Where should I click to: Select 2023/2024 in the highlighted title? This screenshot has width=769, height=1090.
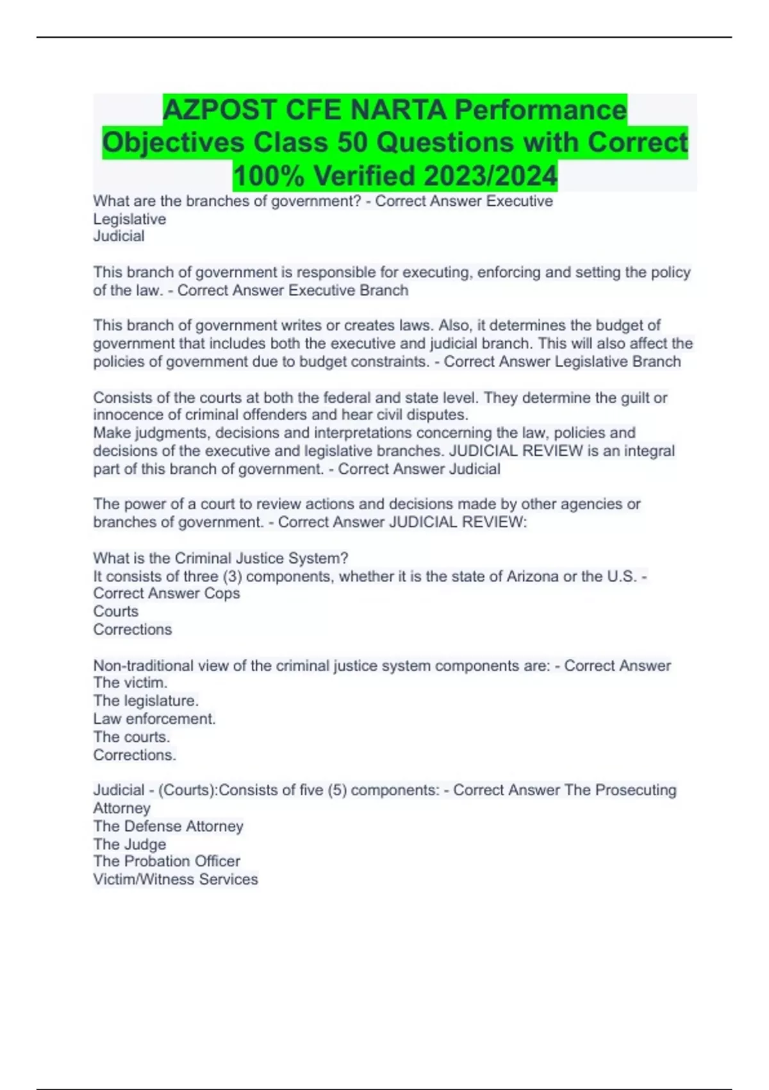click(x=490, y=175)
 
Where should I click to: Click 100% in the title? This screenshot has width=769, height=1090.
click(x=269, y=175)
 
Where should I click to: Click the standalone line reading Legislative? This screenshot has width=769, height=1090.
click(x=129, y=219)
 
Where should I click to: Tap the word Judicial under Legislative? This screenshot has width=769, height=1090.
click(x=119, y=237)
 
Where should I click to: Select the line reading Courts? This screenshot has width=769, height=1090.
click(x=116, y=612)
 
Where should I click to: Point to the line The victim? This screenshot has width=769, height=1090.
click(x=130, y=683)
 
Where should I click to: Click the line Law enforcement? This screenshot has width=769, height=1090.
click(x=154, y=719)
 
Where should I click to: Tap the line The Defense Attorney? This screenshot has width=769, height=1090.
click(x=169, y=826)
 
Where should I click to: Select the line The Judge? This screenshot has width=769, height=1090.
click(x=129, y=844)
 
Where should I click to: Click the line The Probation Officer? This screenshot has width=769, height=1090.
click(x=167, y=861)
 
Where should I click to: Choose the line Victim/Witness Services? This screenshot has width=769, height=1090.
click(x=176, y=879)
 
